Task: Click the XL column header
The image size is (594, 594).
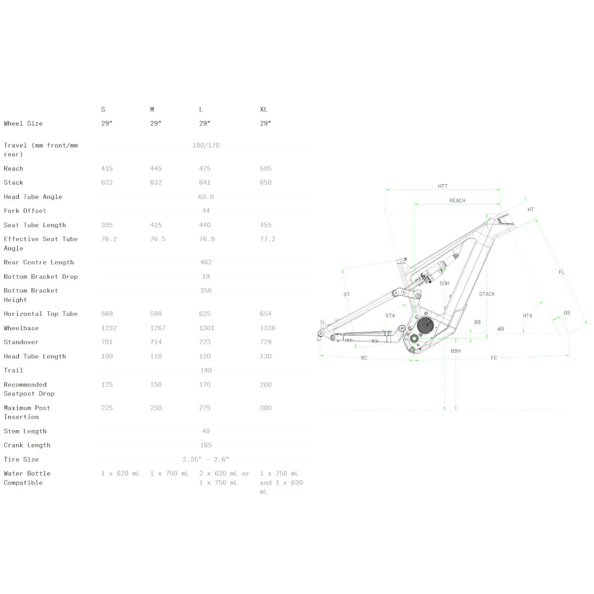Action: (263, 109)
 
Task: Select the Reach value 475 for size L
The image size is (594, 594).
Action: (204, 168)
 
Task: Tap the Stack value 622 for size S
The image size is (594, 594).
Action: (107, 182)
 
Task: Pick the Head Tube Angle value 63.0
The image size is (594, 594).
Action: (205, 197)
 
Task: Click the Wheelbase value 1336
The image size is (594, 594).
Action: (268, 328)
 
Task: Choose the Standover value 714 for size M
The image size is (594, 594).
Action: (155, 342)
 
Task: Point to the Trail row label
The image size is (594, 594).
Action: (13, 370)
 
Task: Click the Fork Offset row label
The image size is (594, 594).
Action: (25, 210)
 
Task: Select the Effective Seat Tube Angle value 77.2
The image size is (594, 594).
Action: (268, 239)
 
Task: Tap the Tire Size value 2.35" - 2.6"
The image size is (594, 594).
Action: (205, 459)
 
